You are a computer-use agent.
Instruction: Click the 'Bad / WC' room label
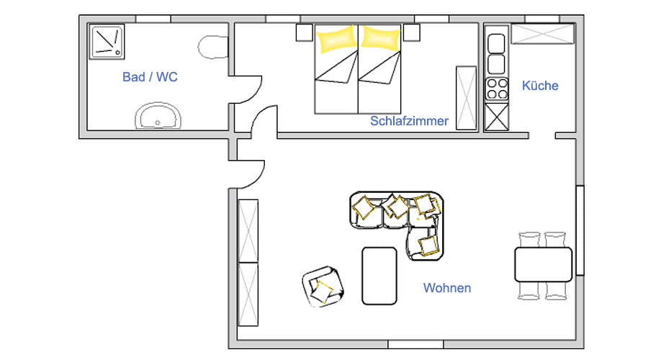[x=150, y=77]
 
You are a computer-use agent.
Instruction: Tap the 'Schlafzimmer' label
[x=409, y=121]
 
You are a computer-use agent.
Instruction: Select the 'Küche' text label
[x=540, y=86]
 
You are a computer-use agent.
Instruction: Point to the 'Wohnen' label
[x=447, y=288]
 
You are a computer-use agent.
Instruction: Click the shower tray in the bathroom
[x=107, y=41]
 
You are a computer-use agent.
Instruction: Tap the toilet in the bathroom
[x=213, y=47]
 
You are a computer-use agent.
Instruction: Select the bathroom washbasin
[x=158, y=116]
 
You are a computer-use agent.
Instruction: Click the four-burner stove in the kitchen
[x=497, y=89]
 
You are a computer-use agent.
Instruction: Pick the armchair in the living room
[x=323, y=287]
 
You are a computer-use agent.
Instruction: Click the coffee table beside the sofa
[x=379, y=276]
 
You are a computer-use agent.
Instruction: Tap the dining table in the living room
[x=543, y=264]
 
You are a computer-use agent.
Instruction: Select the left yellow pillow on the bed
[x=337, y=39]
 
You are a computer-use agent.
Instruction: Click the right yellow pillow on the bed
[x=380, y=38]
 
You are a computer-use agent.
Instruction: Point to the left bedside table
[x=304, y=32]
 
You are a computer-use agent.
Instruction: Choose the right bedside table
[x=412, y=32]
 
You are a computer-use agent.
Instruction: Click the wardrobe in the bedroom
[x=466, y=98]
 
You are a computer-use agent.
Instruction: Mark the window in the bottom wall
[x=415, y=344]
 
